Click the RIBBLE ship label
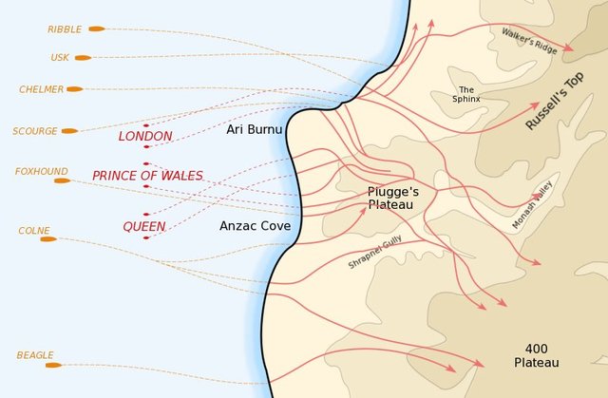65,29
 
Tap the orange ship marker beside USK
83,58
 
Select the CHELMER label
41,89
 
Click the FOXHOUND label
41,172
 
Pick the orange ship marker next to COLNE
47,239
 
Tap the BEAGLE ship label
35,355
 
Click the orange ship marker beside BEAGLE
53,365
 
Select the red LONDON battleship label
145,137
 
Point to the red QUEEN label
144,227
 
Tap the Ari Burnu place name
254,129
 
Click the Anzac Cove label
255,226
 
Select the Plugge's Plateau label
393,197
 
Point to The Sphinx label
466,94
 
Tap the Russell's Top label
559,101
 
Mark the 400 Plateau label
536,355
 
